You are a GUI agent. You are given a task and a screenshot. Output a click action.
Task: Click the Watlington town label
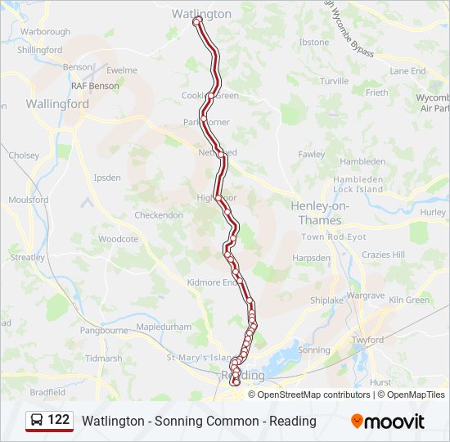[x=201, y=14]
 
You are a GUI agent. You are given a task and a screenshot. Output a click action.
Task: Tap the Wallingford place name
[x=57, y=104]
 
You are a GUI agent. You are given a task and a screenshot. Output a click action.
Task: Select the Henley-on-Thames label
[x=322, y=213]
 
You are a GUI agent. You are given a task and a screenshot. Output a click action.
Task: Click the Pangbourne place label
[x=106, y=331]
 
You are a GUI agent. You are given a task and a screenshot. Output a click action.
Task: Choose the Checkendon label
[x=159, y=215]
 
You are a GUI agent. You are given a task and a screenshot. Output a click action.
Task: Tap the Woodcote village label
[x=119, y=239]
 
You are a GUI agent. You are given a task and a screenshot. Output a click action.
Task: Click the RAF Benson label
[x=95, y=85]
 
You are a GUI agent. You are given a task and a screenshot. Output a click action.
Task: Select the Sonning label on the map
[x=314, y=350]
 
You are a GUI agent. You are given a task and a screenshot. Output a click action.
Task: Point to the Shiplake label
[x=326, y=300]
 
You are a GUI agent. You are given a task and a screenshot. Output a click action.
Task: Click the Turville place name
[x=334, y=81]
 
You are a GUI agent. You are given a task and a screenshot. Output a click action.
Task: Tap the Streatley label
[x=28, y=257]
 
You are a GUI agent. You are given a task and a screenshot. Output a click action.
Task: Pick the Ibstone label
[x=314, y=42]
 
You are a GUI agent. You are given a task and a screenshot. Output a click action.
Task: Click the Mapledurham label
[x=164, y=327]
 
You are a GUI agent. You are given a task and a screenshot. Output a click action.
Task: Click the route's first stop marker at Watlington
[x=197, y=22]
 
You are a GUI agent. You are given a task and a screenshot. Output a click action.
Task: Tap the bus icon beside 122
[x=37, y=420]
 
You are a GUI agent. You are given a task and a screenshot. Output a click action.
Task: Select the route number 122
[x=59, y=420]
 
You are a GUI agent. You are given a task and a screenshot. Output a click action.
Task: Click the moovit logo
[x=388, y=422]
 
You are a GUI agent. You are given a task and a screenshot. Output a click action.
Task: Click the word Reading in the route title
[x=295, y=421]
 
